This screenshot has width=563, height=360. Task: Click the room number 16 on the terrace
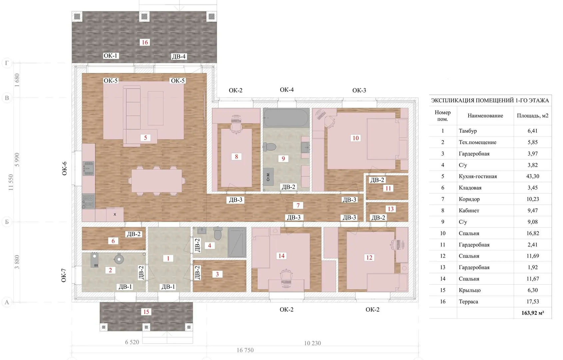(145, 42)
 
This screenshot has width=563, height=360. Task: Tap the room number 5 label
(145, 138)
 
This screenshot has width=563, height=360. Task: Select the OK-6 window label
(65, 168)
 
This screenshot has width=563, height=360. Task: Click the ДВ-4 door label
(179, 56)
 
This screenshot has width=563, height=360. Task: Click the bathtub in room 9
(286, 118)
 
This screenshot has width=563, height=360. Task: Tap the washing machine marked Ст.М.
(268, 177)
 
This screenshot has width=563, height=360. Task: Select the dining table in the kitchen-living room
(157, 181)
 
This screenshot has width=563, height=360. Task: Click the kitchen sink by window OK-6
(88, 168)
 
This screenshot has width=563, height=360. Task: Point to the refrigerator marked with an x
(115, 214)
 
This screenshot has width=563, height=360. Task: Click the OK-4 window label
(287, 90)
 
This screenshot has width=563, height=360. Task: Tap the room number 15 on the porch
(146, 312)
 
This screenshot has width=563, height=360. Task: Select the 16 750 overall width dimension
(245, 350)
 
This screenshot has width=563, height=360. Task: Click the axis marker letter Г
(7, 63)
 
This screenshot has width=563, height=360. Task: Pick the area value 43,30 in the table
(533, 176)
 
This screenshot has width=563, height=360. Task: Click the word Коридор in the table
(469, 199)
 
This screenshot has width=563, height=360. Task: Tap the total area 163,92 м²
(533, 313)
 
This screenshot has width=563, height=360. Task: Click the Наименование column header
(485, 116)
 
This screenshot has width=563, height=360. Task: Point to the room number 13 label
(390, 209)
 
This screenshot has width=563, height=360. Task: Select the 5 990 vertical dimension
(17, 159)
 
